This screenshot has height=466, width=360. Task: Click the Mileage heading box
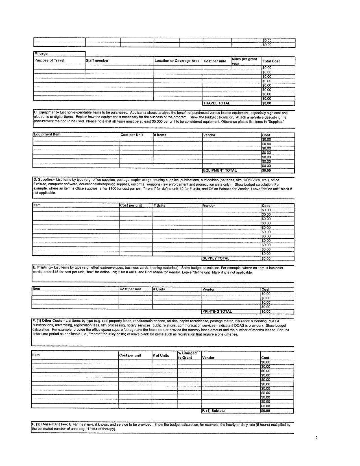pyautogui.click(x=41, y=54)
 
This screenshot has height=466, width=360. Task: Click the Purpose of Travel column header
pyautogui.click(x=49, y=60)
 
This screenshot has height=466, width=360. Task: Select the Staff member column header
pyautogui.click(x=97, y=60)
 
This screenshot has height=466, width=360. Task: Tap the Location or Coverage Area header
pyautogui.click(x=177, y=61)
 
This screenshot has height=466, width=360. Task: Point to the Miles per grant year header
pyautogui.click(x=245, y=61)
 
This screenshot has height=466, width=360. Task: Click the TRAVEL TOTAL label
pyautogui.click(x=217, y=103)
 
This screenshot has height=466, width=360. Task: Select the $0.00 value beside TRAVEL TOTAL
pyautogui.click(x=267, y=103)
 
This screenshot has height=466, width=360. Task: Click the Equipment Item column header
pyautogui.click(x=47, y=134)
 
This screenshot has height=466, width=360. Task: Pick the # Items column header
pyautogui.click(x=160, y=135)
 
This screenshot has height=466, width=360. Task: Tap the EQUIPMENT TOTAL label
pyautogui.click(x=220, y=171)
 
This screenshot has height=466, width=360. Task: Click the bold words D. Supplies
pyautogui.click(x=44, y=180)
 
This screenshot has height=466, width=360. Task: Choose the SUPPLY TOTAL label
pyautogui.click(x=216, y=258)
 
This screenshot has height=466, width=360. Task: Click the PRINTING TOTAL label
pyautogui.click(x=217, y=312)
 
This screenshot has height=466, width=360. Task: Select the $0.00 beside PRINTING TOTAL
pyautogui.click(x=266, y=312)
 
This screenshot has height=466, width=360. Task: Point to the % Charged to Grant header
pyautogui.click(x=187, y=355)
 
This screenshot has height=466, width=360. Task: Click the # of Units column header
pyautogui.click(x=161, y=356)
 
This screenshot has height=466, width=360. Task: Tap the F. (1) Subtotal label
pyautogui.click(x=214, y=411)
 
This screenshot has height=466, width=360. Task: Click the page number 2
pyautogui.click(x=317, y=438)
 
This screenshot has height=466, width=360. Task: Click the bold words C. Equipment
pyautogui.click(x=46, y=112)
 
